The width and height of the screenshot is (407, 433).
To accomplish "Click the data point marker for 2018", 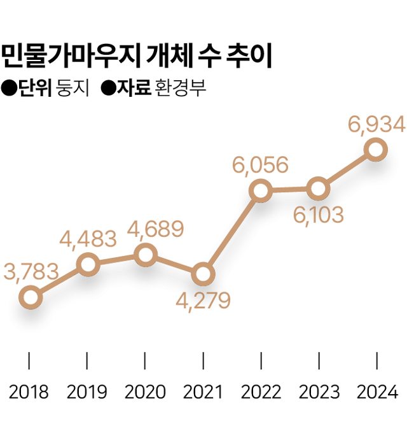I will (x=30, y=297).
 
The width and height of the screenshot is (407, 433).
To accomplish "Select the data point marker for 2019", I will (x=88, y=264).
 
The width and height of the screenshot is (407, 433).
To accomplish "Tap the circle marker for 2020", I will (x=146, y=255).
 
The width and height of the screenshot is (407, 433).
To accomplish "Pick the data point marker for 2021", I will (x=203, y=274).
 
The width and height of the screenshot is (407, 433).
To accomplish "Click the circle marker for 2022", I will (x=261, y=190).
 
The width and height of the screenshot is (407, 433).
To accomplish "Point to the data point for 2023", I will (x=318, y=188).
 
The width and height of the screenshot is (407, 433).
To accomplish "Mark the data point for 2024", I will (x=376, y=150).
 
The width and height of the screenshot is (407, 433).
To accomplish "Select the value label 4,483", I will (x=88, y=239).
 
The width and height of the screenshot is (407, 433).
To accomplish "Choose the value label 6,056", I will (x=260, y=165).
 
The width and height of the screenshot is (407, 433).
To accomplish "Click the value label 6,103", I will (x=318, y=215).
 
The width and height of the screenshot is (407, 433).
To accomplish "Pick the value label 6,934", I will (x=376, y=125).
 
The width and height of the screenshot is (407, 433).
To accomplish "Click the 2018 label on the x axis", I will (x=29, y=391).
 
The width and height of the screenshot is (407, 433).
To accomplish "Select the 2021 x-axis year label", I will (x=203, y=391).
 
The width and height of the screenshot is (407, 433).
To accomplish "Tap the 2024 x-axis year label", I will (x=376, y=391).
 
